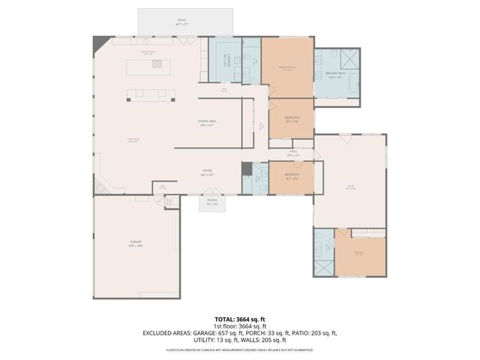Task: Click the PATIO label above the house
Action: (181, 22)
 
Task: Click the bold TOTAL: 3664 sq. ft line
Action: (240, 319)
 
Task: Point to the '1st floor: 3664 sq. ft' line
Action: (240, 326)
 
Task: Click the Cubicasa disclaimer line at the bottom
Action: (240, 349)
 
